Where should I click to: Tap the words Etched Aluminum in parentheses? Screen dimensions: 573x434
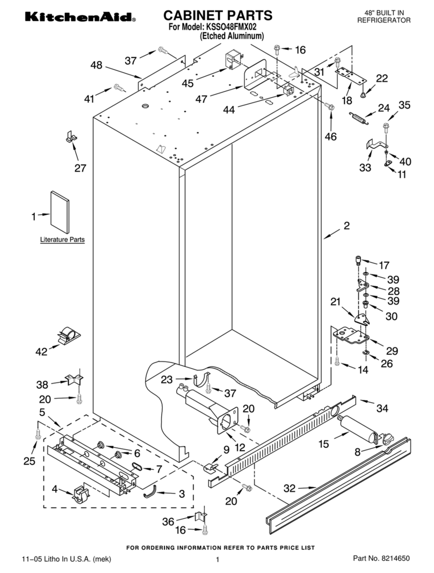click(x=232, y=37)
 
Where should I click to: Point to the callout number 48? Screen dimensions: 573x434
click(x=96, y=65)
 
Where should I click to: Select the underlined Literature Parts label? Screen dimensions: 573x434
click(x=62, y=240)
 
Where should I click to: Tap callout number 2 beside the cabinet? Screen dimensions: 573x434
click(x=346, y=226)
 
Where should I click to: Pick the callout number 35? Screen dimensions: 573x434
click(x=404, y=105)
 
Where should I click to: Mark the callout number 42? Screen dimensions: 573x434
click(x=41, y=352)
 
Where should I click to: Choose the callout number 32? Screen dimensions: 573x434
click(x=290, y=489)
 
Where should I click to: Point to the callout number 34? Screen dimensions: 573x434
click(x=382, y=409)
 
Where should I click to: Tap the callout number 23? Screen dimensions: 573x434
click(x=167, y=379)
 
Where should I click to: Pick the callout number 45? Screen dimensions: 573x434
click(x=187, y=83)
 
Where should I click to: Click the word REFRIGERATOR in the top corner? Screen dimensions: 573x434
click(x=384, y=20)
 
